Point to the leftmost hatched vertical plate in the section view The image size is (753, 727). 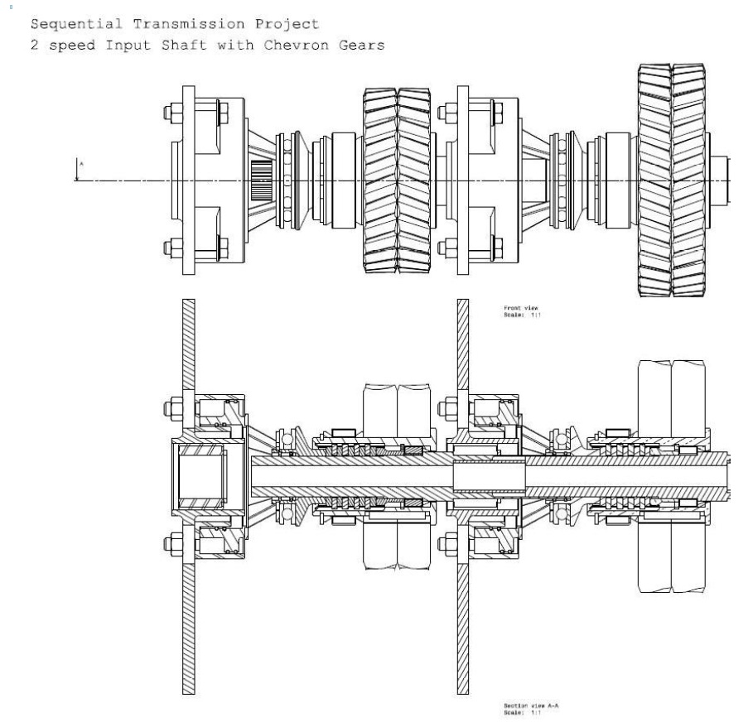click(x=187, y=497)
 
